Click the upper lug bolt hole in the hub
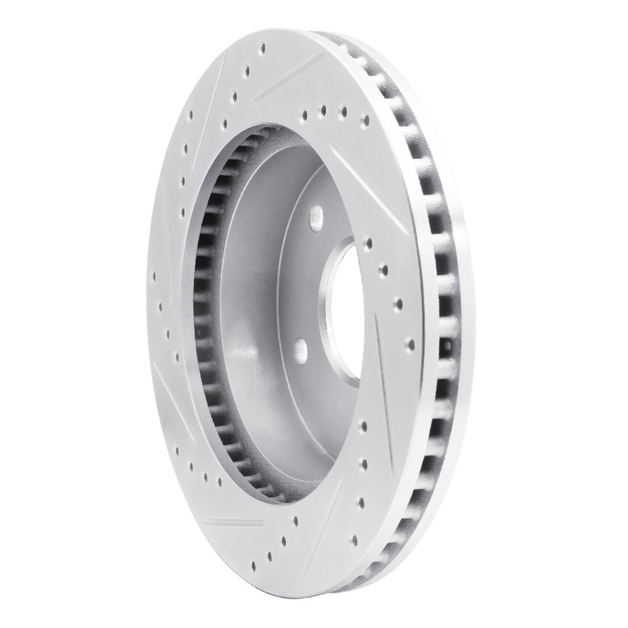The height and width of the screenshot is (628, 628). tap(316, 214)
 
